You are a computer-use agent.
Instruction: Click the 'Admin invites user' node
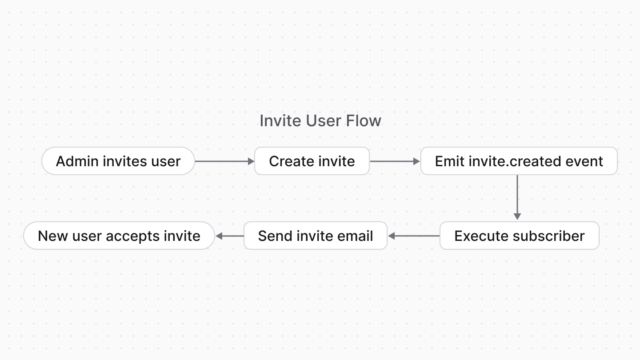118,161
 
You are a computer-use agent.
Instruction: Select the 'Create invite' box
312,161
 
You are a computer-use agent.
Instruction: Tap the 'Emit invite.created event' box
519,161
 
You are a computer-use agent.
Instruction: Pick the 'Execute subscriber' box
519,236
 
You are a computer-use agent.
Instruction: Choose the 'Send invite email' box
315,236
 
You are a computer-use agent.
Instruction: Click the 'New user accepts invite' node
119,236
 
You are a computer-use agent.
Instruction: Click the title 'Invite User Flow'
320,120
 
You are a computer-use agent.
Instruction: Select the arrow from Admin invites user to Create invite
224,161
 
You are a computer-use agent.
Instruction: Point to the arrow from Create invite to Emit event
395,161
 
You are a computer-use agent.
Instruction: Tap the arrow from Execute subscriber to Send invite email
414,236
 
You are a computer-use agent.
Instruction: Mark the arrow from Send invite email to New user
229,236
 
